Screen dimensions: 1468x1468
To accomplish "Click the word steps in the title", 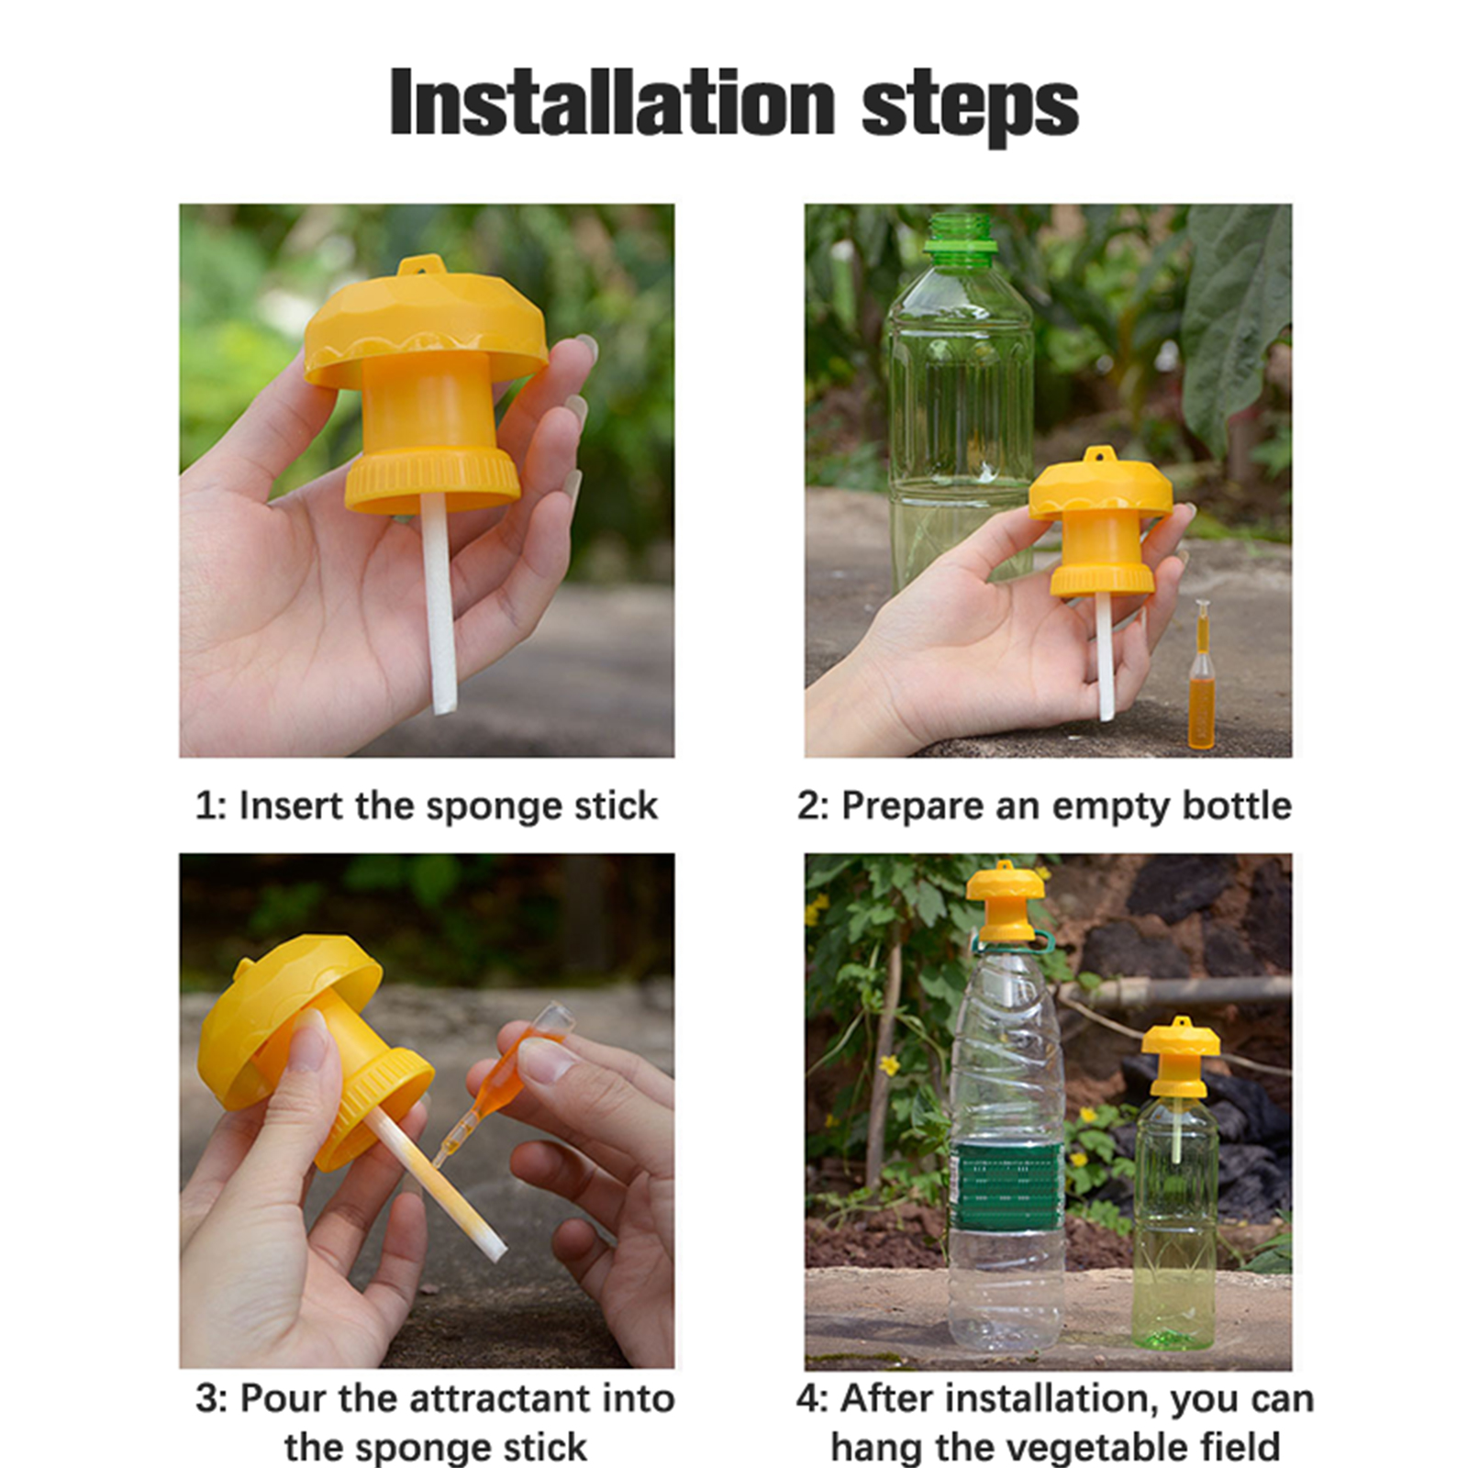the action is (970, 108).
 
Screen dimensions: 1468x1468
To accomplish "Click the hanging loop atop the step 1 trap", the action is (422, 265).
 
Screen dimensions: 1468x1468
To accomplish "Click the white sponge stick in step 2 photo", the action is (1106, 656).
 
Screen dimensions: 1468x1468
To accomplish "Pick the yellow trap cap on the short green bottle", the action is (1181, 1056).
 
